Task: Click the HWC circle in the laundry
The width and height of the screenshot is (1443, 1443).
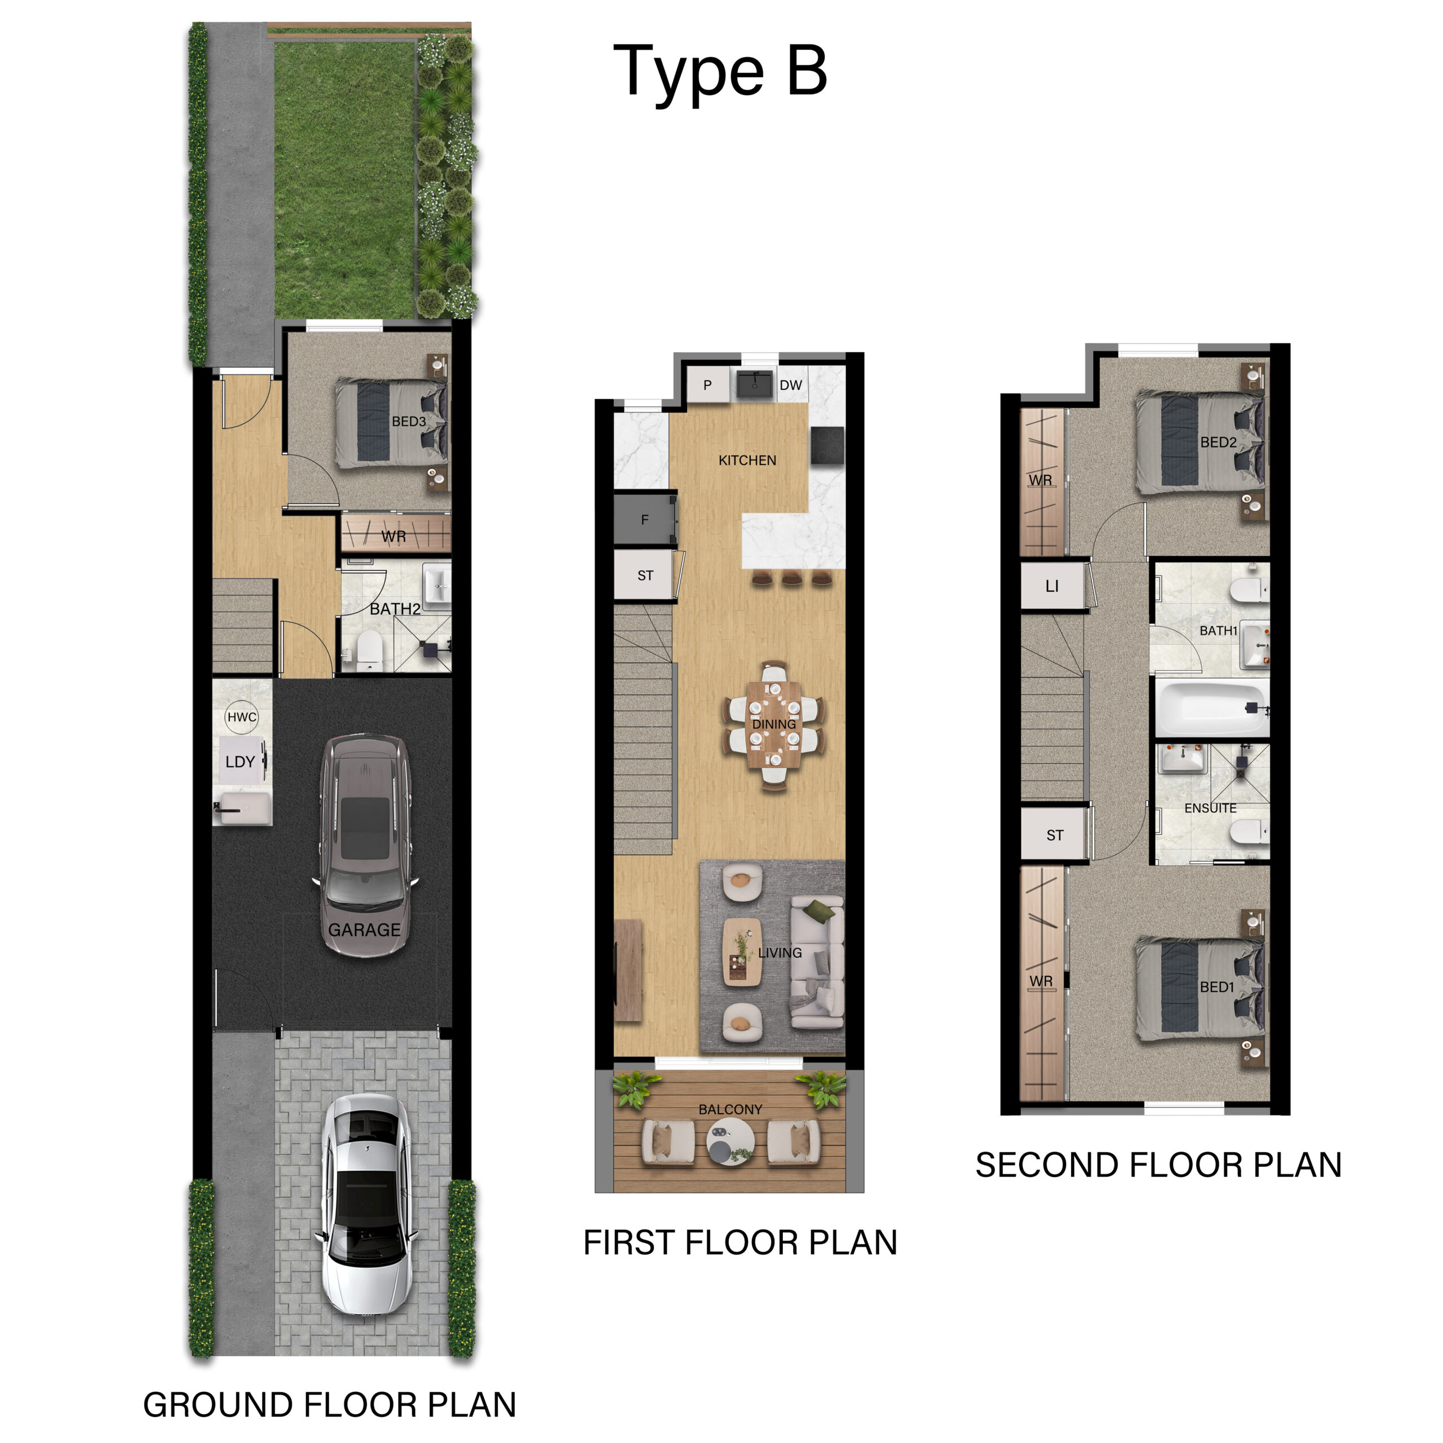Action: (241, 717)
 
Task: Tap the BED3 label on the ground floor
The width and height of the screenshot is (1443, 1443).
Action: (409, 421)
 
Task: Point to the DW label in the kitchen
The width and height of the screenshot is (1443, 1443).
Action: (790, 386)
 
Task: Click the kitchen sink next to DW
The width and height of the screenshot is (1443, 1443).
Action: (754, 384)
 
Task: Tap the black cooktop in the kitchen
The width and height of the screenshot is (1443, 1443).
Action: (827, 446)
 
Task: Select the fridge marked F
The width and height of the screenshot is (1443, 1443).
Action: (645, 520)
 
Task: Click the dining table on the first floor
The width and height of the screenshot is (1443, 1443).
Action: (774, 723)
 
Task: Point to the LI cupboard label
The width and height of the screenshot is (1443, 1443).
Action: (1052, 586)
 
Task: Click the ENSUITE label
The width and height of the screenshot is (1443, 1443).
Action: (1210, 808)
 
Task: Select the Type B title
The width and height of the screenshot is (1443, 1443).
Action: (720, 73)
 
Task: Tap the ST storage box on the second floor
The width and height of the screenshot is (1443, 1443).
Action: (1055, 835)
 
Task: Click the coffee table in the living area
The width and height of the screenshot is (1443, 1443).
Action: (742, 951)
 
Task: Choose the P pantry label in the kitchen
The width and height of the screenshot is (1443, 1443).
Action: (707, 386)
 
